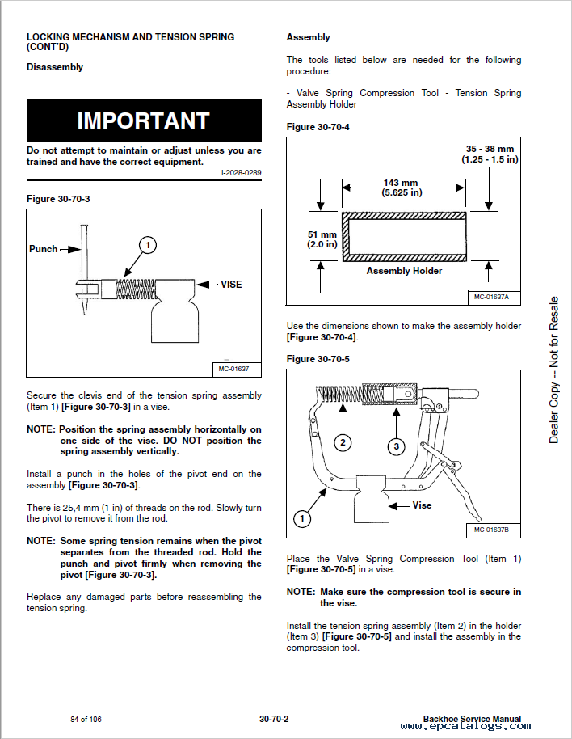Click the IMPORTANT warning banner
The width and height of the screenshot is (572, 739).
(144, 120)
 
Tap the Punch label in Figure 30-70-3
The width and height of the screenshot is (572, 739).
(44, 249)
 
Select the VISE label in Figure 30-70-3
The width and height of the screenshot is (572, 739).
(231, 285)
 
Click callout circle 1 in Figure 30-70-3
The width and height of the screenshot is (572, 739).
(147, 244)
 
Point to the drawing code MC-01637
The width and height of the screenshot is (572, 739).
(234, 369)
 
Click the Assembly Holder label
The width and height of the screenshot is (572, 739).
(404, 271)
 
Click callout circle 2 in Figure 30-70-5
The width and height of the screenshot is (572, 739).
(343, 442)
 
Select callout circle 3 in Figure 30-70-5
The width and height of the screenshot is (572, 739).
(396, 446)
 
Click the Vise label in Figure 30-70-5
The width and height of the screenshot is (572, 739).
(422, 505)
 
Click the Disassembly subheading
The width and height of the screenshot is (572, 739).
(55, 67)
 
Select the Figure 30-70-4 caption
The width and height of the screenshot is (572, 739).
(318, 127)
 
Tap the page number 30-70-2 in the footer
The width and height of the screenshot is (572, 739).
(274, 719)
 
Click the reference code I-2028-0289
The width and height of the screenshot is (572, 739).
(241, 173)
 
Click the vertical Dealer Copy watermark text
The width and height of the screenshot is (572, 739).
(553, 369)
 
